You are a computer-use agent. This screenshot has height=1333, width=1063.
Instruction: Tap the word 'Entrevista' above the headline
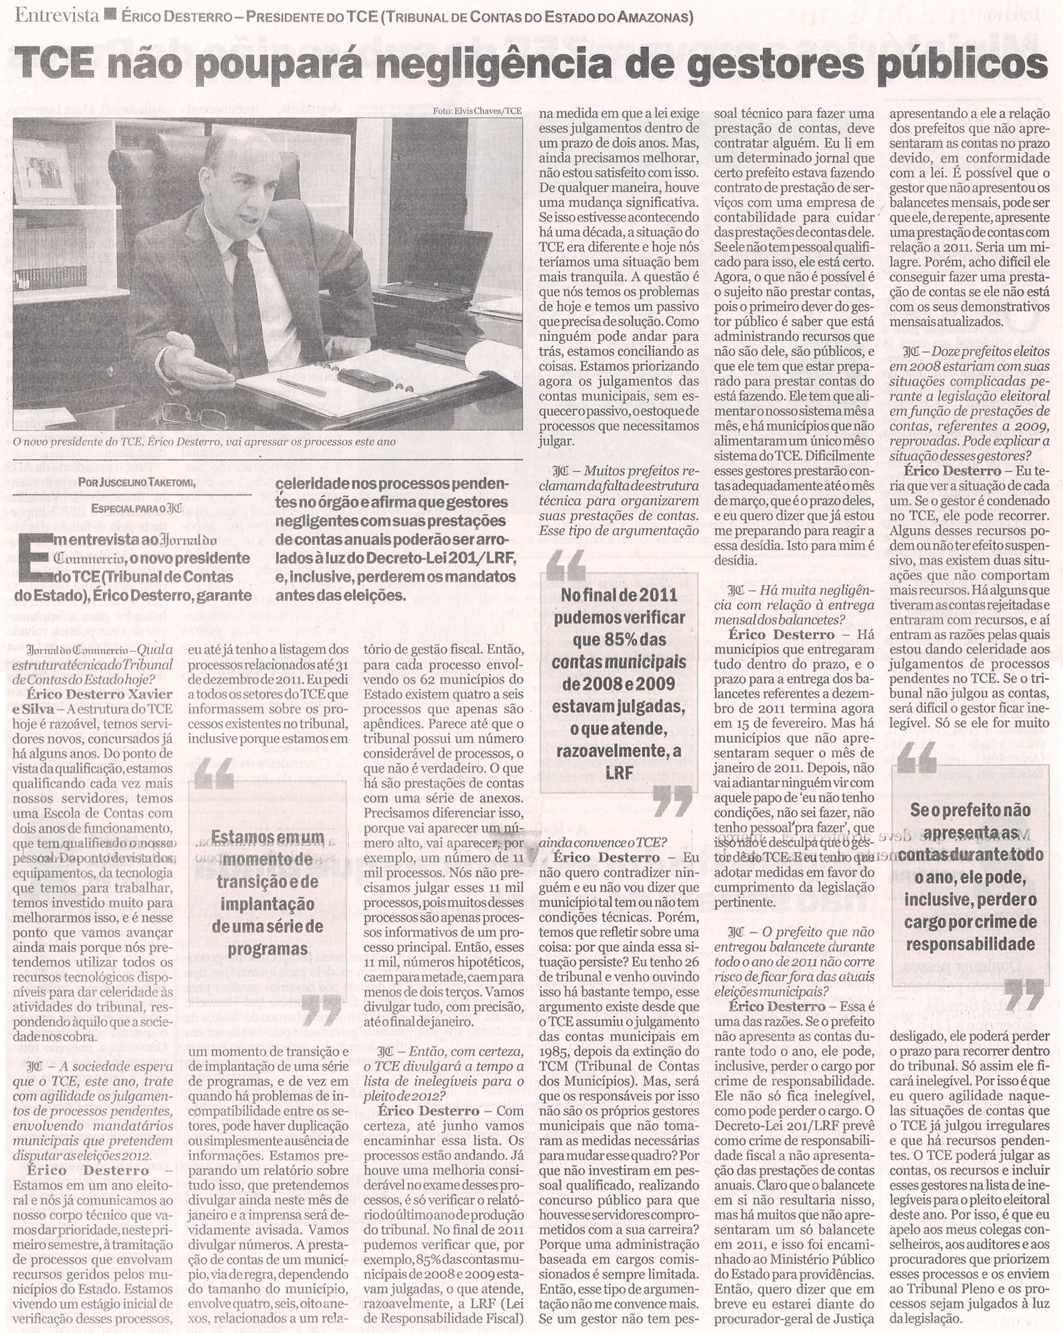click(x=56, y=15)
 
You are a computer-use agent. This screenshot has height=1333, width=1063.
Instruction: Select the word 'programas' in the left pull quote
click(x=267, y=949)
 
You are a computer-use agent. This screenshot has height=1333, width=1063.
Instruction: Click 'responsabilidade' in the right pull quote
click(x=970, y=944)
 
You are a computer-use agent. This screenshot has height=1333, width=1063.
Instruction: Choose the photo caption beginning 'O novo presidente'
click(x=204, y=442)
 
